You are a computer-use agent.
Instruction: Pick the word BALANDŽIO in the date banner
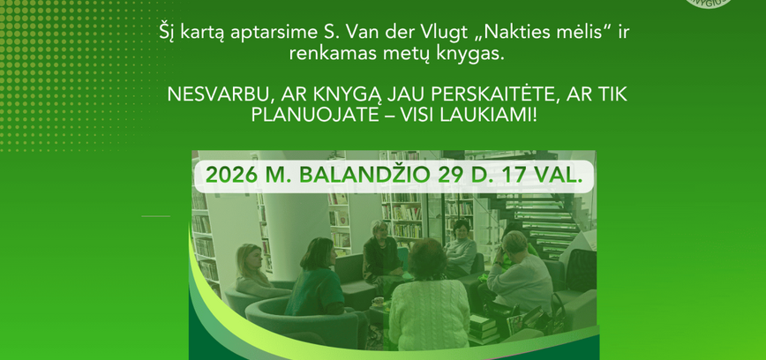coord(370,175)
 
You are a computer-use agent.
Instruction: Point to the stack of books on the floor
coord(484,327)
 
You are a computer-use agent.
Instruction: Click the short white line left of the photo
coord(155,215)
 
